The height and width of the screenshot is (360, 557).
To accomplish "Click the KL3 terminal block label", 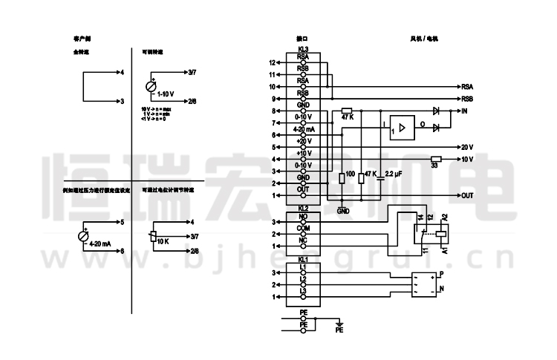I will point(303,50).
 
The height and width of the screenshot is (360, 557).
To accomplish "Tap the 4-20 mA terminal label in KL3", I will point(304,128).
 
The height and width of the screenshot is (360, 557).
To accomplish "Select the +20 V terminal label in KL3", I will point(304,141).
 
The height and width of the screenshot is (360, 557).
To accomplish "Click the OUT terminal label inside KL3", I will point(303,189).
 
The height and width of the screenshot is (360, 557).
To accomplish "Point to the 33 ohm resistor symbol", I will point(436,159).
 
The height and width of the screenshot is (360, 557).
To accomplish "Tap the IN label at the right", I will point(464,111).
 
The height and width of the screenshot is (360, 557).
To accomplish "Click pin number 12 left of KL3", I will point(273,62).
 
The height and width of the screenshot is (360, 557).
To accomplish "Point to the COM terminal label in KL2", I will point(303,228).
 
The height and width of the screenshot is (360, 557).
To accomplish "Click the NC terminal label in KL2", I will point(303,240).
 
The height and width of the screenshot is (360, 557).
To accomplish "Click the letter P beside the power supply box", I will point(442,275).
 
